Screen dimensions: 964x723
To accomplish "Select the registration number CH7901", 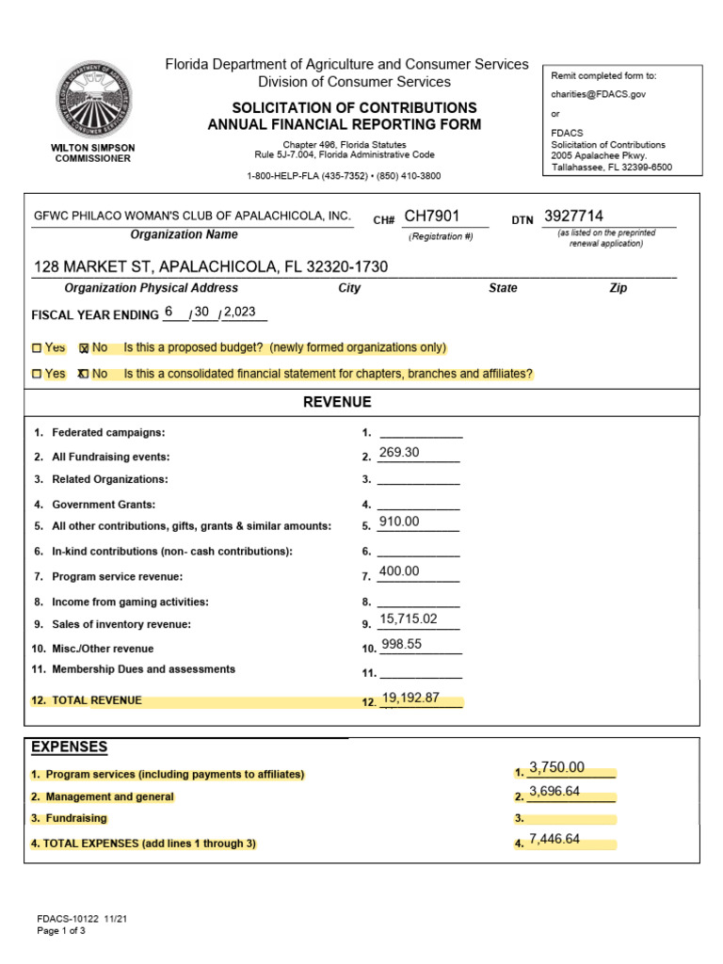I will [x=432, y=217].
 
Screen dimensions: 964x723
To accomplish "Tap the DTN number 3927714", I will [x=573, y=217].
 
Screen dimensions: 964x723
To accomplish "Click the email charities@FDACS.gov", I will [x=598, y=94].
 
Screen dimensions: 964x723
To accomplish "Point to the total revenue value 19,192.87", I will [x=411, y=699].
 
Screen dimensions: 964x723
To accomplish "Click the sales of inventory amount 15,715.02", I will [x=409, y=619].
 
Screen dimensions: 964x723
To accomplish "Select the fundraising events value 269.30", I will [x=399, y=453].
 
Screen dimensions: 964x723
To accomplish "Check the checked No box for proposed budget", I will [x=84, y=348].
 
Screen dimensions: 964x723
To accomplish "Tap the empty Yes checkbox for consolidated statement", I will [x=37, y=375].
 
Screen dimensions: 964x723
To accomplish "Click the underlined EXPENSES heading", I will [x=70, y=747].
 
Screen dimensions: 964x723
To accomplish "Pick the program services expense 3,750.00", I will [x=557, y=767].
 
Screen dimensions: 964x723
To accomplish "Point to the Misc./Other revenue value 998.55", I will [x=401, y=644].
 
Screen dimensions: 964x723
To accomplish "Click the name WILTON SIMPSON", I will [x=91, y=148].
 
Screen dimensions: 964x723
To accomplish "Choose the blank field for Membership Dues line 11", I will [x=420, y=672].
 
